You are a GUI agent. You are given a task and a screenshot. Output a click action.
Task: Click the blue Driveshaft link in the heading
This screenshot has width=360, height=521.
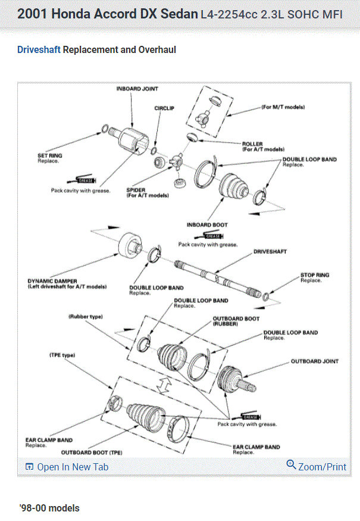point(39,50)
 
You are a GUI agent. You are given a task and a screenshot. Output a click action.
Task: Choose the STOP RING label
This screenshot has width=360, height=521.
point(314,275)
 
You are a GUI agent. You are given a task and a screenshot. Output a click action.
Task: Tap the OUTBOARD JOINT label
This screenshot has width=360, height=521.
point(314,361)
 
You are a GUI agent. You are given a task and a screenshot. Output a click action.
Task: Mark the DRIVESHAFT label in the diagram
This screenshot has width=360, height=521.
point(270,252)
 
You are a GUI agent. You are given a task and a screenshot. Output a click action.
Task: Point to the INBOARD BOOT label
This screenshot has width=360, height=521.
point(207,225)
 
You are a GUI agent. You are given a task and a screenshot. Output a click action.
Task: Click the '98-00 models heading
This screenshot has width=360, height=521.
point(49,508)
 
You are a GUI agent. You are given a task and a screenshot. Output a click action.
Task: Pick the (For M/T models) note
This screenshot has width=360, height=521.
point(283,108)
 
